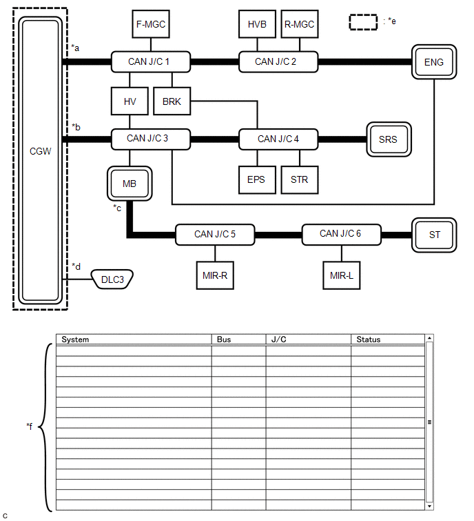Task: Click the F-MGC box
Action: (x=151, y=24)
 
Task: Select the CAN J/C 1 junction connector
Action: (x=149, y=61)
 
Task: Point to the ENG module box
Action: (x=434, y=63)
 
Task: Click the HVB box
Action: (x=256, y=24)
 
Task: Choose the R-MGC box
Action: (x=299, y=24)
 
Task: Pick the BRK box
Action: (x=172, y=101)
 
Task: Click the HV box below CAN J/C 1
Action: (x=130, y=101)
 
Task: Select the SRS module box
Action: (x=388, y=139)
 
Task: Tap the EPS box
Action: (x=256, y=180)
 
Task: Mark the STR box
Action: (x=300, y=180)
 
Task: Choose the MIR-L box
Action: (x=342, y=275)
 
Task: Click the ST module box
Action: (x=435, y=235)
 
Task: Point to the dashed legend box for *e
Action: (x=363, y=21)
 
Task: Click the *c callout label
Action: (x=118, y=207)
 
